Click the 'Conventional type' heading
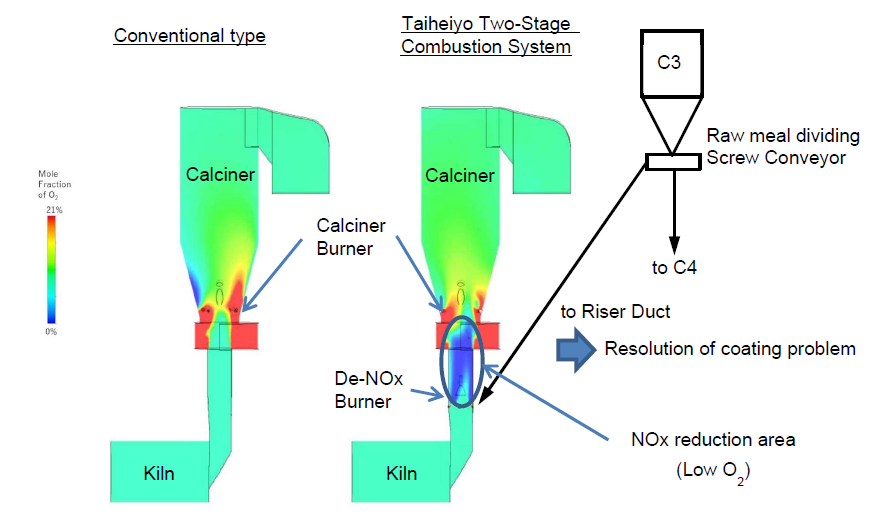pos(189,36)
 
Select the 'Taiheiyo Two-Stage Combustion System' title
pos(486,37)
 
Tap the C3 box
pos(669,59)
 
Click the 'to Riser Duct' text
pos(614,312)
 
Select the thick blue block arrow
pos(575,349)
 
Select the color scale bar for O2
pos(50,271)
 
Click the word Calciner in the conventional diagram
pos(220,175)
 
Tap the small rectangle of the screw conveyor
pos(673,160)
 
